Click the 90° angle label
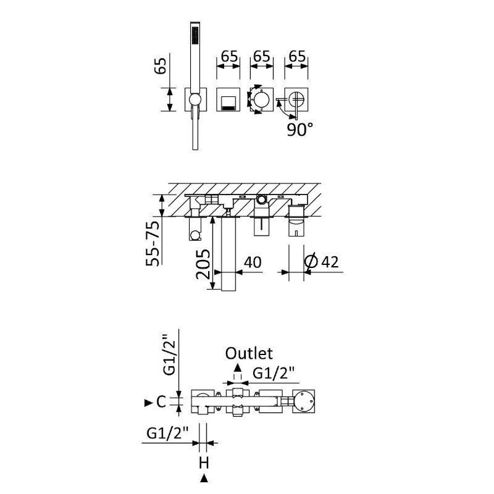300,130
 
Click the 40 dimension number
253,262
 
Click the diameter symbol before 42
312,262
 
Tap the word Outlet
249,354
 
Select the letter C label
161,403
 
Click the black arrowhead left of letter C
148,403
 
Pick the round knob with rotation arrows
259,99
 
